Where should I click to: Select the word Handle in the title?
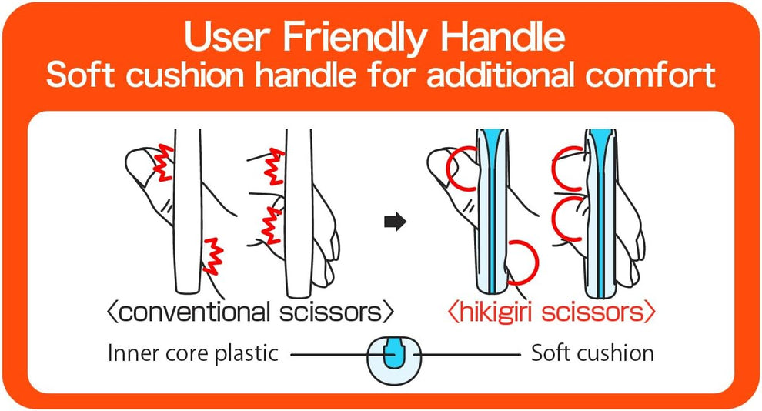click(505, 37)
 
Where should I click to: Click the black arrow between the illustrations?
click(394, 222)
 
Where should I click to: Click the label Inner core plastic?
click(193, 353)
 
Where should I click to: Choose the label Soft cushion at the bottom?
click(593, 353)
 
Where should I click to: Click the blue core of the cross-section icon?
click(394, 353)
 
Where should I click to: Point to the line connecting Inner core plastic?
click(331, 354)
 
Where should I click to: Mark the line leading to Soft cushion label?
click(470, 354)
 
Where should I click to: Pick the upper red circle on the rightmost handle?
click(570, 167)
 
